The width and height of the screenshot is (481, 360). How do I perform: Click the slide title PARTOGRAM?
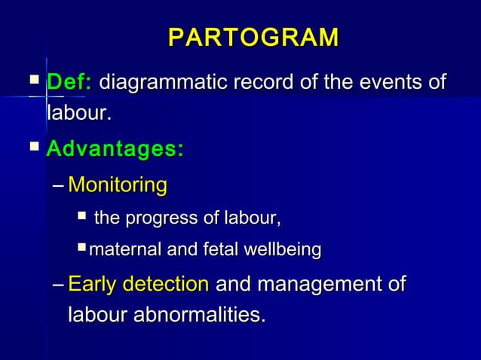pyautogui.click(x=253, y=38)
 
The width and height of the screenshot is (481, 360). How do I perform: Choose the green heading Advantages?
pyautogui.click(x=115, y=149)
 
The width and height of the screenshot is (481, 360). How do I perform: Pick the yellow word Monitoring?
pyautogui.click(x=117, y=185)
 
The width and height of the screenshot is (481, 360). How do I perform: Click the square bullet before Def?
pyautogui.click(x=32, y=80)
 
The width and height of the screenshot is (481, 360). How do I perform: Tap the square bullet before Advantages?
pyautogui.click(x=32, y=147)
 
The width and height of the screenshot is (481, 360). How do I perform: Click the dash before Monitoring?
pyautogui.click(x=59, y=185)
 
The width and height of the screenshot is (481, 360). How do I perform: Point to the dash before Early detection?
pyautogui.click(x=59, y=285)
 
